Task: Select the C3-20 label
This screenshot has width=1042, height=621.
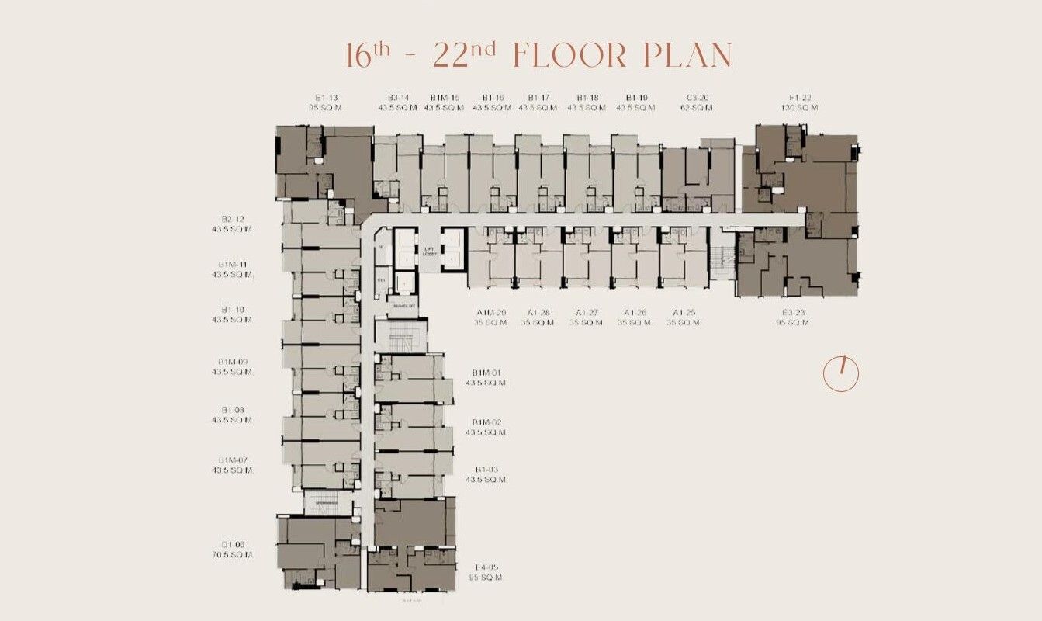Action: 698,97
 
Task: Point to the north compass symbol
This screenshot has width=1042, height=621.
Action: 841,374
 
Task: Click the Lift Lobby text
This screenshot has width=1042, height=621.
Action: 430,251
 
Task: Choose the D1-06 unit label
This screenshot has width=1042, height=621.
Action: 233,544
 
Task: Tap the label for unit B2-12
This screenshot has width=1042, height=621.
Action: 233,219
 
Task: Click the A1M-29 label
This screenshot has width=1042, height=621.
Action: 491,312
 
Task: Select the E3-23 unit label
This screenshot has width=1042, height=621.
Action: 791,312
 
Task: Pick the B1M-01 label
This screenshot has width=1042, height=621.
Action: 486,373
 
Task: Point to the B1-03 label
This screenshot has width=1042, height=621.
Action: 486,470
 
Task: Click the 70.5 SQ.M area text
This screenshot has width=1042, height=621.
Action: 233,555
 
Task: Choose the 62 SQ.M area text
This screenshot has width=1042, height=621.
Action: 698,107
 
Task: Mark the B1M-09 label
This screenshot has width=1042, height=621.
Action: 233,362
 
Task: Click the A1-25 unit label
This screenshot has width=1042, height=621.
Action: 684,312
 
